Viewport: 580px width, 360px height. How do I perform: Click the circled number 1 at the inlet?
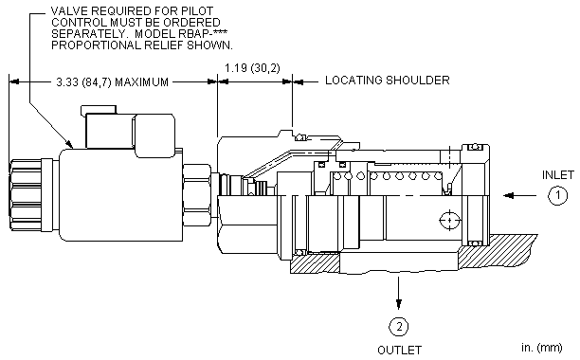(557, 195)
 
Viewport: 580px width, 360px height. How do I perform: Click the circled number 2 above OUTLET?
(399, 327)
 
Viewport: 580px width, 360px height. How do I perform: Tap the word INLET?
(558, 175)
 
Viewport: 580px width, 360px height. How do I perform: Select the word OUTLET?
(399, 350)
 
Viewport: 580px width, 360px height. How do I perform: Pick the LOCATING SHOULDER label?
(388, 81)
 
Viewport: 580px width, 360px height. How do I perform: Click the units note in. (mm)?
(542, 348)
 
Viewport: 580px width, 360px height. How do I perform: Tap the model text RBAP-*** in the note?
(203, 34)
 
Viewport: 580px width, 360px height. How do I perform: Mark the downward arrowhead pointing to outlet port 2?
(398, 304)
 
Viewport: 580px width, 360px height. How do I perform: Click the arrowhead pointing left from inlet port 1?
(509, 195)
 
